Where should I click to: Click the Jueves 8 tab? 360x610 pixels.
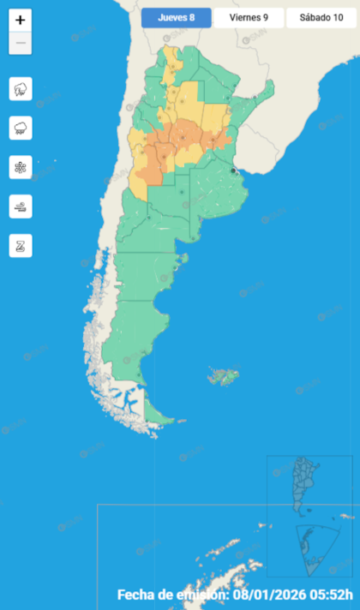(177, 17)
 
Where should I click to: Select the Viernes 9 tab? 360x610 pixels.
(248, 17)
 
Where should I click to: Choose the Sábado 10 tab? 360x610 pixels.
(321, 17)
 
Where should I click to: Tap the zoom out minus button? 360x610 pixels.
(21, 43)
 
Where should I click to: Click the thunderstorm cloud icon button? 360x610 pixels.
(21, 88)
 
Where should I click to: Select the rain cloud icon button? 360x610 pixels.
(21, 128)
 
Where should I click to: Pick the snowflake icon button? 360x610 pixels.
(21, 167)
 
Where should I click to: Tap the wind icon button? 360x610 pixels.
(21, 206)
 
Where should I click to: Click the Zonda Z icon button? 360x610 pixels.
(21, 246)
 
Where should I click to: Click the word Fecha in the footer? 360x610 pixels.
(139, 595)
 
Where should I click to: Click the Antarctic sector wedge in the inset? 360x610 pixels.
(313, 548)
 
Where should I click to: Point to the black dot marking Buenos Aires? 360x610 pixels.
(233, 171)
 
